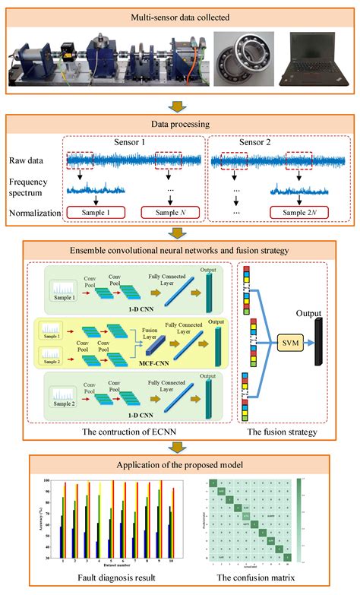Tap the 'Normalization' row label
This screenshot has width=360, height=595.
coord(33,214)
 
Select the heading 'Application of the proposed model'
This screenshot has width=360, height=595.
coord(179,464)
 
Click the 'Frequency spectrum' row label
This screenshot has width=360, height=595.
coord(34,188)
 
